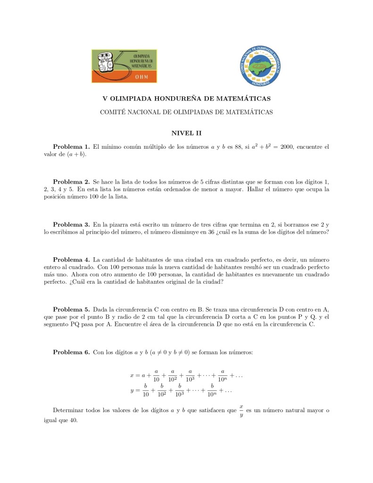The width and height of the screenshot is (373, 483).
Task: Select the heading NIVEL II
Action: click(186, 134)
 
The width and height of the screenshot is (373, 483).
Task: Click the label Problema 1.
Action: click(71, 147)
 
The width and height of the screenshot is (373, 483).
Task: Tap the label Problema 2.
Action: click(71, 181)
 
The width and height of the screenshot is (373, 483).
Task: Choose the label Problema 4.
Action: click(71, 259)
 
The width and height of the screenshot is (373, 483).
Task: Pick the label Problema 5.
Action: click(71, 309)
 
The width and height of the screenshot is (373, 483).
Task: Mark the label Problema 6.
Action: click(71, 352)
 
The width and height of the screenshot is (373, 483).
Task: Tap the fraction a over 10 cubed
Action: click(190, 375)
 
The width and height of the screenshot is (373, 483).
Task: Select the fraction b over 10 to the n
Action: click(213, 390)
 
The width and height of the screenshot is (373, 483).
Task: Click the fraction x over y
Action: click(241, 410)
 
